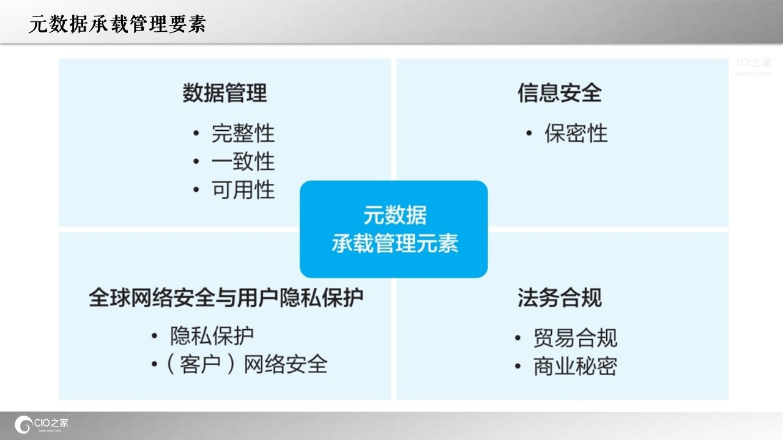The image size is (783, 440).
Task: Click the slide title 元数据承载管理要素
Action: pyautogui.click(x=117, y=24)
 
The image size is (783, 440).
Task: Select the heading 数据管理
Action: pyautogui.click(x=225, y=93)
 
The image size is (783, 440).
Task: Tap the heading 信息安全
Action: pyautogui.click(x=560, y=93)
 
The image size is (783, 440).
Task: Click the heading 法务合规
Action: pyautogui.click(x=560, y=298)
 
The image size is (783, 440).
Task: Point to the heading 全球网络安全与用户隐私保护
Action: pyautogui.click(x=226, y=298)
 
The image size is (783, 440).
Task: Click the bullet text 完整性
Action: pyautogui.click(x=243, y=133)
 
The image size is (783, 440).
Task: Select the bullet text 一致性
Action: pyautogui.click(x=243, y=161)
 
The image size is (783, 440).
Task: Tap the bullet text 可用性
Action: pyautogui.click(x=243, y=189)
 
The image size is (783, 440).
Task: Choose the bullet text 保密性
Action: pyautogui.click(x=576, y=133)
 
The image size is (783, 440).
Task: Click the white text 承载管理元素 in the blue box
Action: pyautogui.click(x=395, y=243)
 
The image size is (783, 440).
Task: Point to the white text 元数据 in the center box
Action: pyautogui.click(x=395, y=215)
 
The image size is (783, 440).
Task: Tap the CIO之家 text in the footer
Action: pyautogui.click(x=51, y=423)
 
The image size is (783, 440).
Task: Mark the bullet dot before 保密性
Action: pyautogui.click(x=529, y=133)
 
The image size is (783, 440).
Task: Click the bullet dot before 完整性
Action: pyautogui.click(x=196, y=133)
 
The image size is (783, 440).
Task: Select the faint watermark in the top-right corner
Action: pyautogui.click(x=754, y=66)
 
